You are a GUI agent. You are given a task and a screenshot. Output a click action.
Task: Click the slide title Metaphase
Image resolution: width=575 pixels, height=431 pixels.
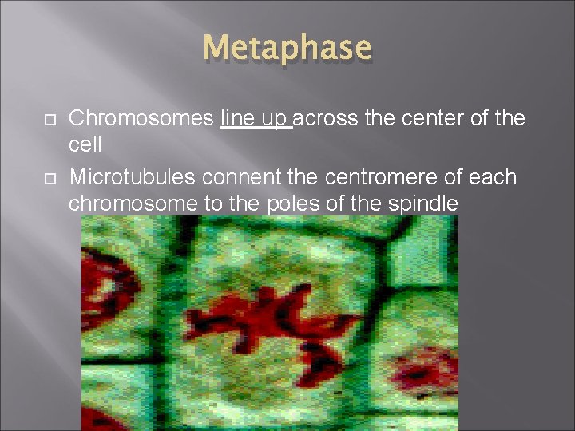(x=287, y=48)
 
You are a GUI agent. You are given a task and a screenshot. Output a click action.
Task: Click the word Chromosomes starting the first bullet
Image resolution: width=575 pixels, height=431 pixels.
(x=142, y=119)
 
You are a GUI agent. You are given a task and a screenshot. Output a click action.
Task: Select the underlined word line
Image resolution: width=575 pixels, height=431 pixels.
(x=236, y=119)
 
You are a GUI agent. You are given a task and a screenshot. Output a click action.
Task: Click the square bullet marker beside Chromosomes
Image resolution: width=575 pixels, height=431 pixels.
(x=49, y=120)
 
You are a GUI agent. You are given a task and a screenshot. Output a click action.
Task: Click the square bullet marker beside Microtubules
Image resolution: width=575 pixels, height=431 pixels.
(x=49, y=177)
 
